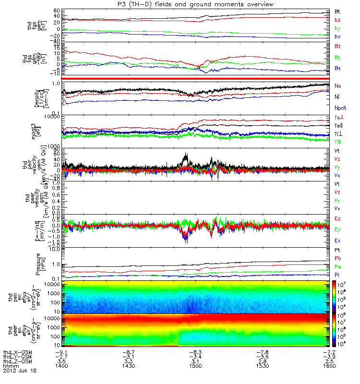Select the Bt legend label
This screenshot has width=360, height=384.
(337, 11)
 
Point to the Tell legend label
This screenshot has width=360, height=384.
(338, 126)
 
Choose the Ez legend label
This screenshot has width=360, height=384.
(337, 218)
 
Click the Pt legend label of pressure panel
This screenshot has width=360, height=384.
(337, 251)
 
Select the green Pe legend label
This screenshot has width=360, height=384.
(337, 266)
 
